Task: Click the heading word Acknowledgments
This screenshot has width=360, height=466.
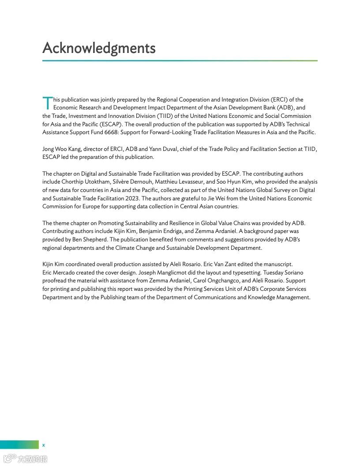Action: (x=99, y=48)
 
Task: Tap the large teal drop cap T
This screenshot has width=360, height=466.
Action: (x=47, y=103)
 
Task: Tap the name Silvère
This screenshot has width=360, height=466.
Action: (x=123, y=182)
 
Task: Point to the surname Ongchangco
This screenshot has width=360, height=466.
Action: (x=218, y=281)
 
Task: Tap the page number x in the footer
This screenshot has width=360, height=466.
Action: (x=43, y=445)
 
